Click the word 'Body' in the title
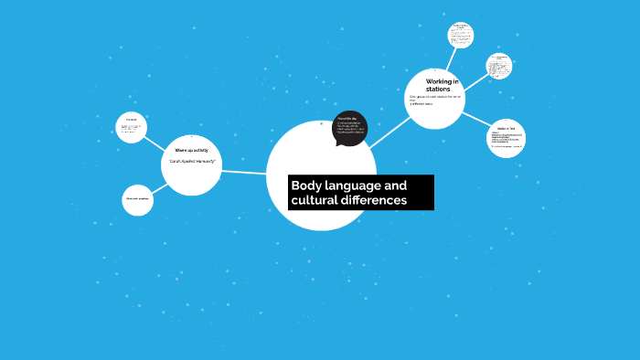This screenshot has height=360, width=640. pyautogui.click(x=304, y=185)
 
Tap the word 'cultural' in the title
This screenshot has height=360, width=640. pyautogui.click(x=314, y=200)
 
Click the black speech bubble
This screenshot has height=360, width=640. pyautogui.click(x=349, y=127)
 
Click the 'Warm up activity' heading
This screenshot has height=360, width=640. pyautogui.click(x=191, y=149)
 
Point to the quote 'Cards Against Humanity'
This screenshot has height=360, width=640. pyautogui.click(x=191, y=161)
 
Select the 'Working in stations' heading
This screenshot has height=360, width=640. pyautogui.click(x=442, y=85)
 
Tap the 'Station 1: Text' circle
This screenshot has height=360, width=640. pyautogui.click(x=506, y=138)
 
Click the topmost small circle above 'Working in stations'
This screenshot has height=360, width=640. pyautogui.click(x=461, y=36)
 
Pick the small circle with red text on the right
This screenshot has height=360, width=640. pyautogui.click(x=499, y=64)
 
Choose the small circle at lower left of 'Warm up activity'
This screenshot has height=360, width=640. pyautogui.click(x=137, y=200)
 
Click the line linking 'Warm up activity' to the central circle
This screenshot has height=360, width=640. pyautogui.click(x=244, y=172)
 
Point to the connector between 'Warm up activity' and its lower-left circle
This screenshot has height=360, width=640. pyautogui.click(x=159, y=187)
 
